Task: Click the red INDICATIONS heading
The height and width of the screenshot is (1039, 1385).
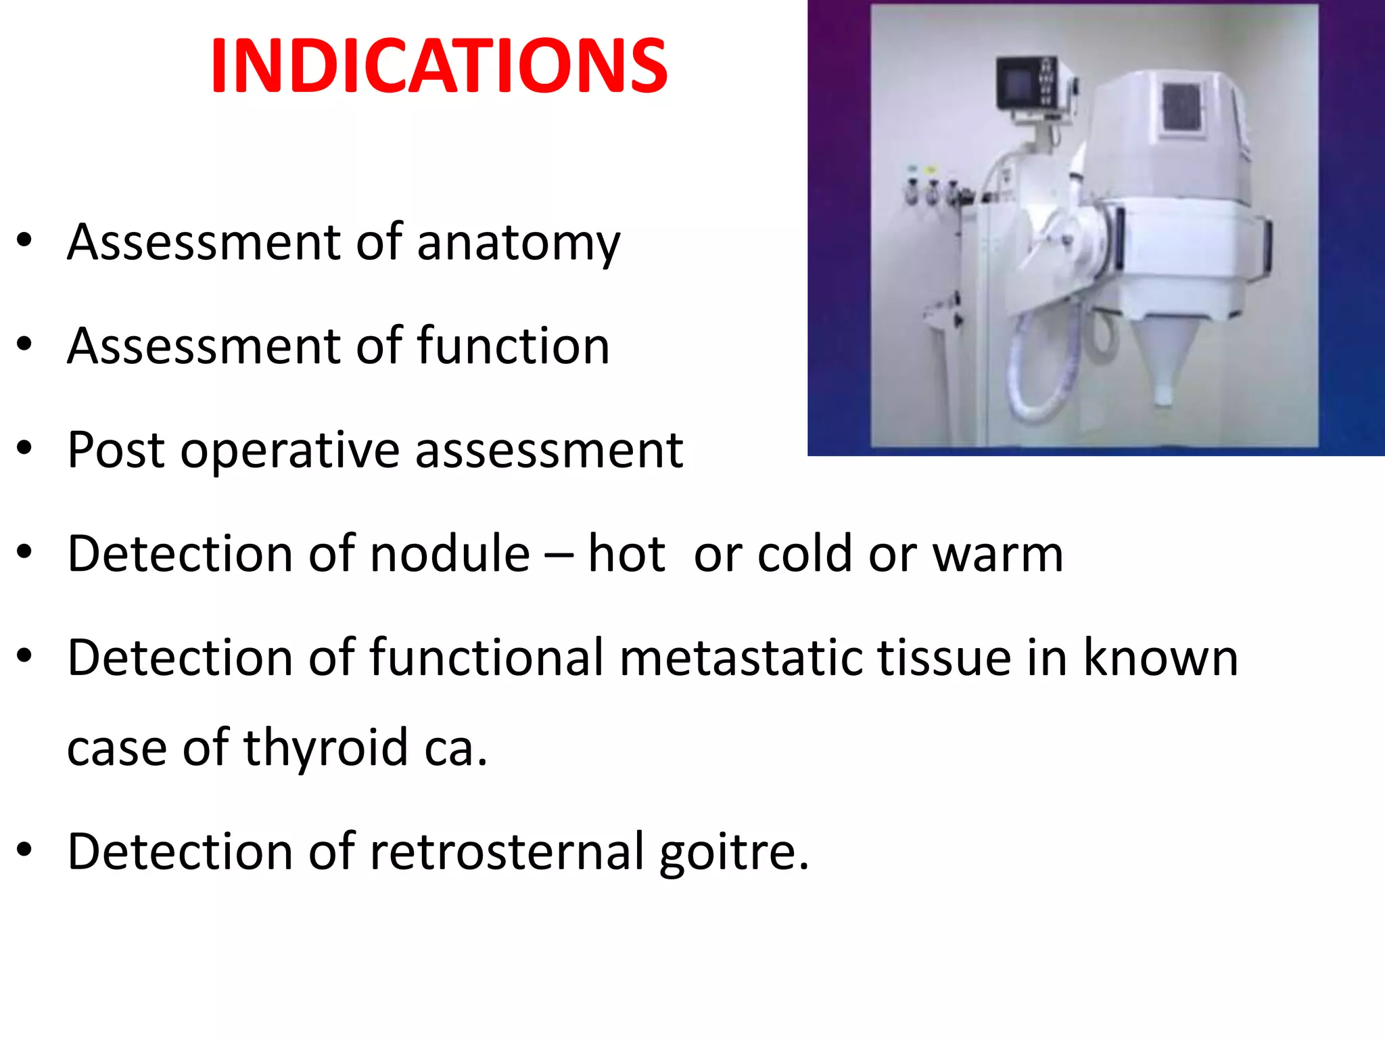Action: point(439,66)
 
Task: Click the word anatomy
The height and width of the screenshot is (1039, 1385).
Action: point(518,243)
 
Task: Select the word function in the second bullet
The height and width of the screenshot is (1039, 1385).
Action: point(513,346)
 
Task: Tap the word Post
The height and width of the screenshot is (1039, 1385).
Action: point(116,450)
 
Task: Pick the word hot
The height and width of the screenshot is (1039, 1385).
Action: point(627,553)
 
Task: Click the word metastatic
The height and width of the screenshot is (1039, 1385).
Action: point(741,657)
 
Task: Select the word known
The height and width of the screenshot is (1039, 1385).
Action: point(1160,657)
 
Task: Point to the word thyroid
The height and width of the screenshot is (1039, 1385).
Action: point(326,748)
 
